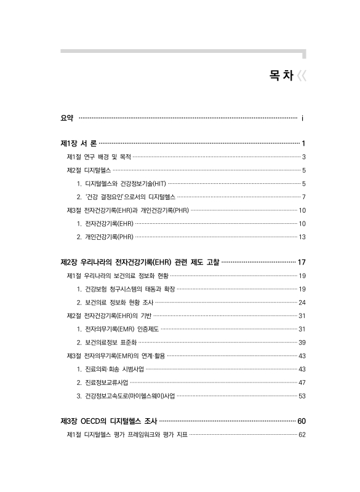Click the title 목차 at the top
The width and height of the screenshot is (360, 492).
pyautogui.click(x=280, y=76)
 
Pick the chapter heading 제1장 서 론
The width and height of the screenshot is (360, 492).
pyautogui.click(x=79, y=143)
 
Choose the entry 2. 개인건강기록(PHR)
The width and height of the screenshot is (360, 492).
pyautogui.click(x=105, y=237)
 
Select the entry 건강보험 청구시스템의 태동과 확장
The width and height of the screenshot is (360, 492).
pyautogui.click(x=126, y=289)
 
